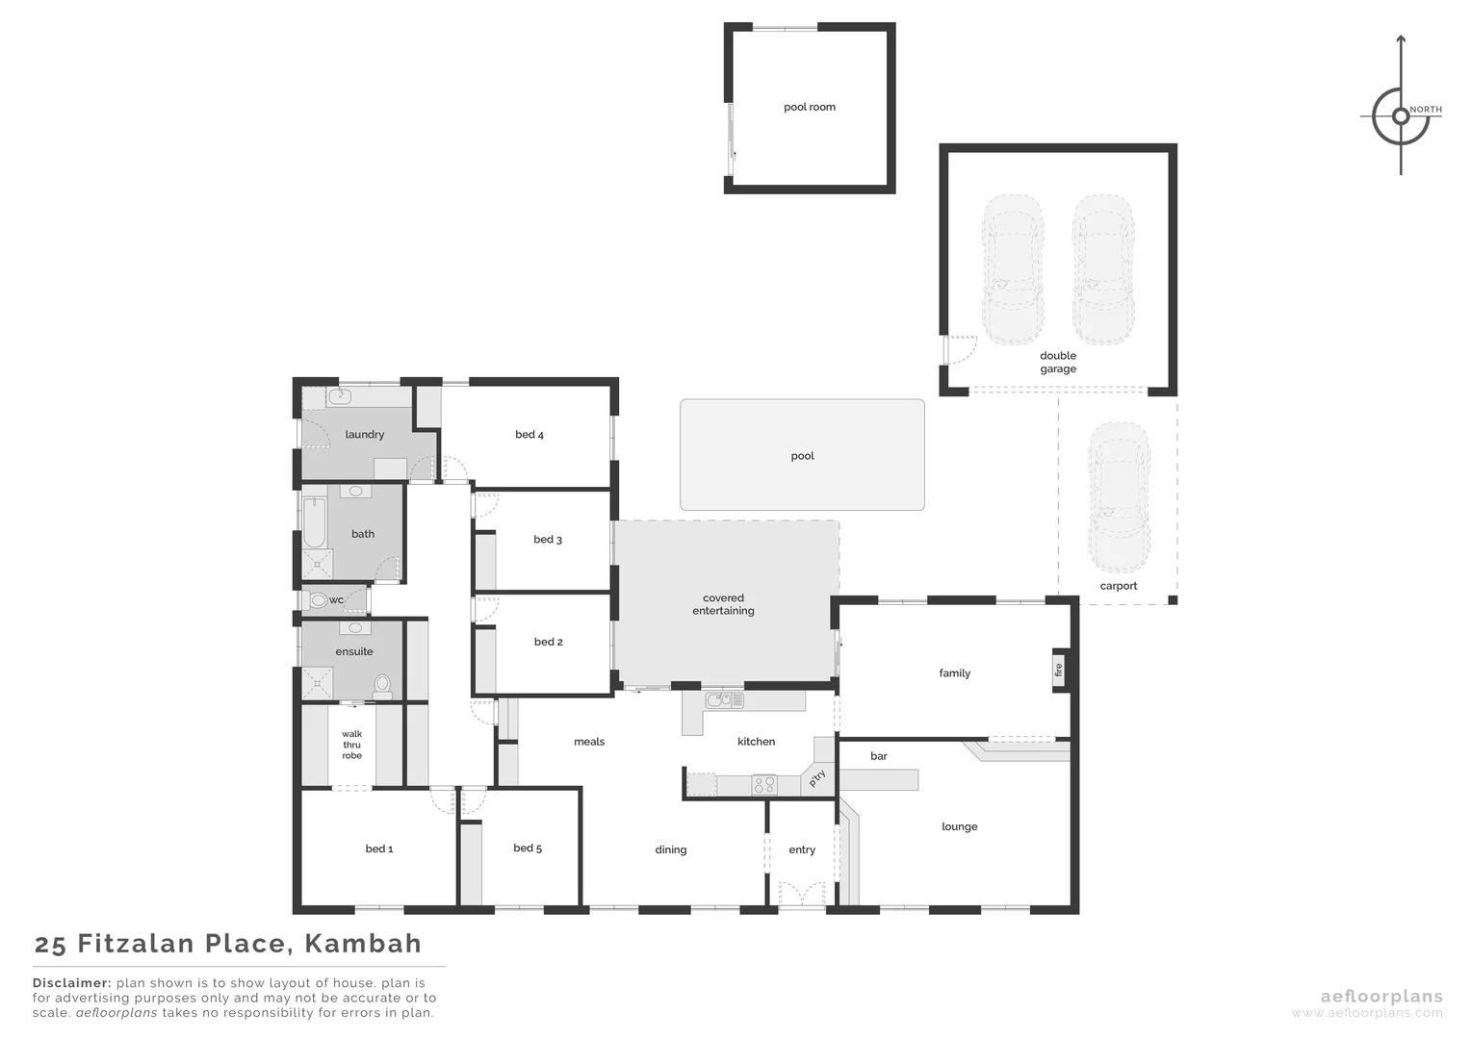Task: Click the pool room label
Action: [809, 107]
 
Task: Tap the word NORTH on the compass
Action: [1426, 110]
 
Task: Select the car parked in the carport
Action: [1118, 495]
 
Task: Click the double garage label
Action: [1057, 362]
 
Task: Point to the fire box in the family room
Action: [1058, 670]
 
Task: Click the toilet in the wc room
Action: [319, 600]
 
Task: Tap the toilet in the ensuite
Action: [382, 685]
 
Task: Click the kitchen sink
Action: [723, 700]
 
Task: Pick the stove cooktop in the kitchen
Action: [763, 784]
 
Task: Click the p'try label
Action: [817, 777]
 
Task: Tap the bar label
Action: [878, 756]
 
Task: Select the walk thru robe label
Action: [351, 745]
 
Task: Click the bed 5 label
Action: [528, 848]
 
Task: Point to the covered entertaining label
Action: [723, 604]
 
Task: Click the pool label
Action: [802, 456]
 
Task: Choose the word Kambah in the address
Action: [363, 944]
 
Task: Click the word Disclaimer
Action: [72, 983]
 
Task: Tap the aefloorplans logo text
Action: [1381, 997]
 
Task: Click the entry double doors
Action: [802, 895]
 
